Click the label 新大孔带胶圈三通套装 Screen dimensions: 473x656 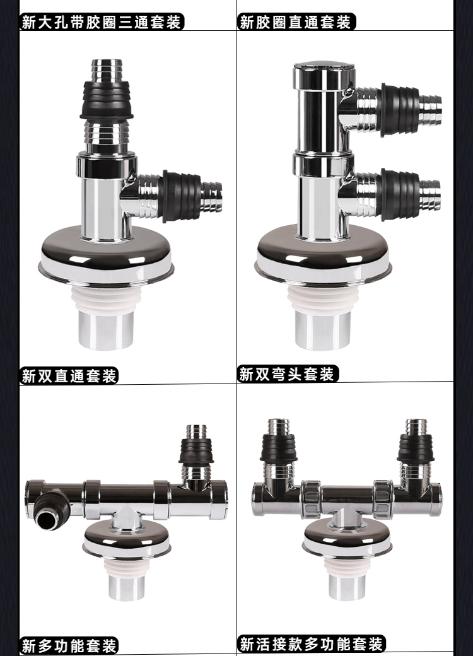click(102, 21)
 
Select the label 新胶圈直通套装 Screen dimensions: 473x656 click(296, 21)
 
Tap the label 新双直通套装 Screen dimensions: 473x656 click(69, 375)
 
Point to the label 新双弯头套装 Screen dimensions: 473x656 click(288, 373)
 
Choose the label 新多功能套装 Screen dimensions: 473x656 click(69, 645)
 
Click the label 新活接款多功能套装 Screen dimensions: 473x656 click(312, 643)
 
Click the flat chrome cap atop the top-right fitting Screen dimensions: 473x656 click(324, 66)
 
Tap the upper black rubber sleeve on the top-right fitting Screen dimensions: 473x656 click(399, 110)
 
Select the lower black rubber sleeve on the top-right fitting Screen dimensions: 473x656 click(399, 194)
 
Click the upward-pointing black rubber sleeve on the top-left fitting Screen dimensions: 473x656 click(107, 100)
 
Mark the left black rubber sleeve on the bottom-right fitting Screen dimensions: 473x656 click(279, 448)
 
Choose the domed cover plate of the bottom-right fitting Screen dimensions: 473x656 click(347, 537)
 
